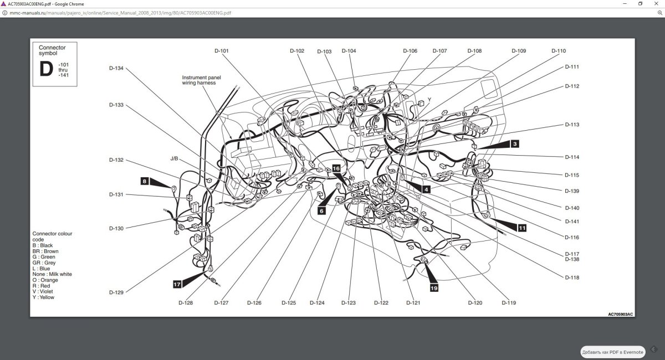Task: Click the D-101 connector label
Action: (x=222, y=51)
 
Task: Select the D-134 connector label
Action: (x=116, y=68)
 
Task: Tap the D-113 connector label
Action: (x=572, y=125)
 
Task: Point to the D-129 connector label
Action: (x=116, y=292)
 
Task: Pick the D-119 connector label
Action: (x=509, y=303)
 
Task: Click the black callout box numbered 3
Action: (x=515, y=144)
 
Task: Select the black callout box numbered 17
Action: (x=177, y=284)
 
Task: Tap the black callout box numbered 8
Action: (x=145, y=181)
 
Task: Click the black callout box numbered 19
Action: (x=434, y=288)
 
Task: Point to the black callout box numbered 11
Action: (x=522, y=228)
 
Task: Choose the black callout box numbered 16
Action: (x=336, y=168)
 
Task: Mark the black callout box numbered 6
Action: (x=321, y=211)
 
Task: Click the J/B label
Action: (x=174, y=158)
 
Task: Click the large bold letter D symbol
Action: (x=46, y=69)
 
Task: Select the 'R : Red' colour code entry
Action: (x=41, y=286)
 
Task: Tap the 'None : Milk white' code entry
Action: (x=52, y=274)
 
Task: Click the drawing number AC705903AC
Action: (x=620, y=314)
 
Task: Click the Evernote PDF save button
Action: (x=613, y=352)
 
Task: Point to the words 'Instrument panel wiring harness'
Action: (x=201, y=80)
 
